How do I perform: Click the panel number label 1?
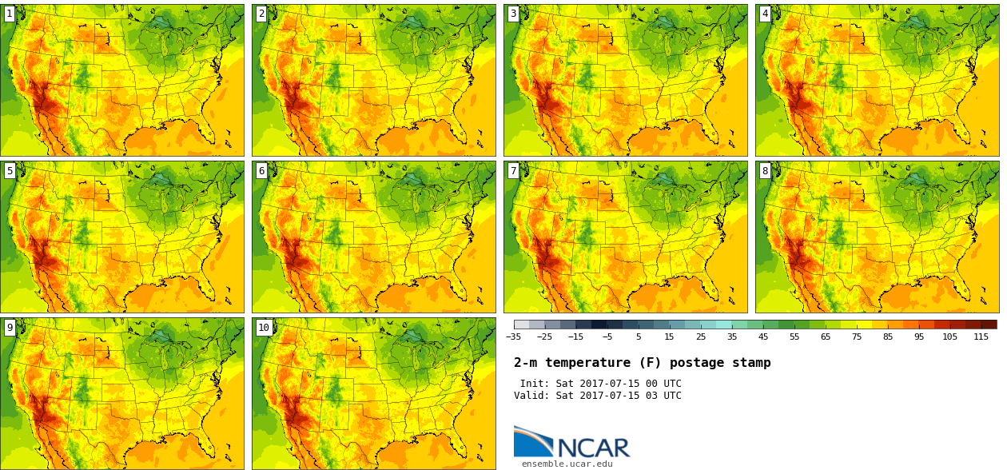(10, 14)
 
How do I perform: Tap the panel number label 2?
(261, 14)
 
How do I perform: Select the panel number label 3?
(513, 14)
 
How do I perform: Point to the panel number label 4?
(765, 14)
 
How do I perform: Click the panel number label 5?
(10, 170)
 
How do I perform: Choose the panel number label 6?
(261, 170)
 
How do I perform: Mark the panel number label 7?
(513, 170)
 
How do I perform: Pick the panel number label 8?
(765, 170)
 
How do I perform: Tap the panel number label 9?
(10, 327)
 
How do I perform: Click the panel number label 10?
(264, 327)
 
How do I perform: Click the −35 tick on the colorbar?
(514, 337)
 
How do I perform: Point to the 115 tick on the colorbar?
(981, 337)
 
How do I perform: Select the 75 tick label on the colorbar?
(857, 337)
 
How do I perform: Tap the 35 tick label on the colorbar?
(732, 337)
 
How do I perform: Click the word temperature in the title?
(589, 363)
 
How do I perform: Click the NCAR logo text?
(593, 447)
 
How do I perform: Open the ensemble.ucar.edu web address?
(567, 464)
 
